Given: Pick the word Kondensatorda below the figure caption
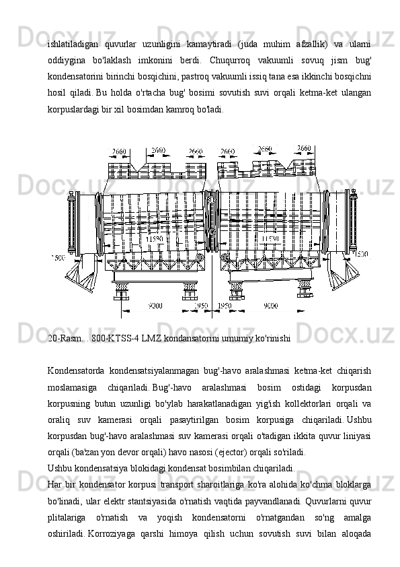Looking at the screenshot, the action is click(x=76, y=371).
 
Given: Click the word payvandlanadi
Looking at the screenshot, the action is click(x=278, y=501).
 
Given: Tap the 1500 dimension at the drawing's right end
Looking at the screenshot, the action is click(x=360, y=255).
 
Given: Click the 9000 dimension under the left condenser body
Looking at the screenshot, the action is click(x=155, y=306).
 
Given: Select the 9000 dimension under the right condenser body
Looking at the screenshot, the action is click(x=271, y=306).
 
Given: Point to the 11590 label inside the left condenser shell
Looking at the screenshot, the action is click(x=155, y=239).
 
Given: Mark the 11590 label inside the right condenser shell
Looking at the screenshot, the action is click(x=270, y=238).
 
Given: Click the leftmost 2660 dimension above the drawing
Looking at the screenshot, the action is click(x=119, y=152).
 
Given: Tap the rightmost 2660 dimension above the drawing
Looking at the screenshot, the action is click(x=304, y=148).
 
